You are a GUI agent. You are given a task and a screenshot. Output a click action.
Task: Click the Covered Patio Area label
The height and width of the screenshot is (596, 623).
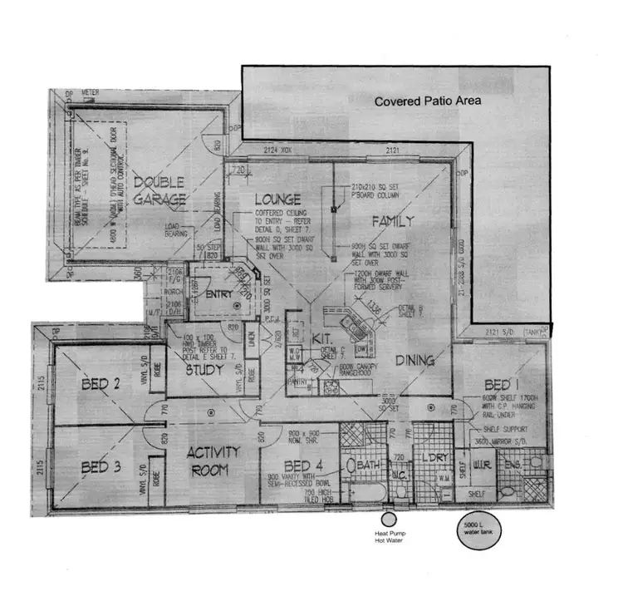427,101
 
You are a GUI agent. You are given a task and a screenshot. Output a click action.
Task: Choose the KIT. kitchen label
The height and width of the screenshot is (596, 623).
322,341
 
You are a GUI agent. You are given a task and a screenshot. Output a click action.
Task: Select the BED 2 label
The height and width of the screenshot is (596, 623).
102,384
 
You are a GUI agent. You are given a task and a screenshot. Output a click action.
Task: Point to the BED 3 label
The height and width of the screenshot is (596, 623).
102,467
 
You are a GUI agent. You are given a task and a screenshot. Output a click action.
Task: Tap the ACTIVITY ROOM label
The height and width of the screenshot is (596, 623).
213,461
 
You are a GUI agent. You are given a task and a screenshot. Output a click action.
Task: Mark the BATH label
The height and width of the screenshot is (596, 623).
367,465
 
